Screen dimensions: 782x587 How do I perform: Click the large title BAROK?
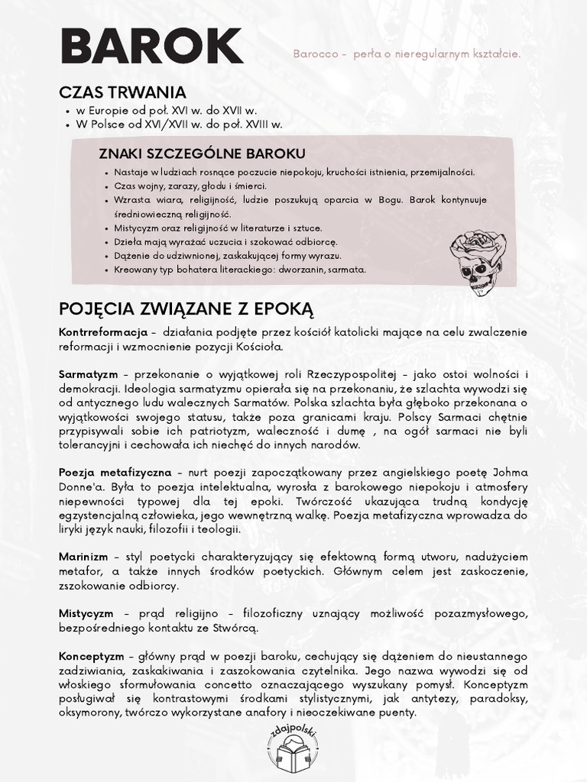(x=151, y=48)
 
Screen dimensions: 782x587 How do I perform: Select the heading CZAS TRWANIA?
(x=122, y=92)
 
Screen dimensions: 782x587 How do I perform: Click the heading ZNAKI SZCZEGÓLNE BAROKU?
(x=202, y=153)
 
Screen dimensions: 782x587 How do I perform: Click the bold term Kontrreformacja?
(x=102, y=333)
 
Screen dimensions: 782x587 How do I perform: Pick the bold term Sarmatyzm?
(x=88, y=374)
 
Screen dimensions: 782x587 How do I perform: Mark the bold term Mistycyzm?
(x=86, y=614)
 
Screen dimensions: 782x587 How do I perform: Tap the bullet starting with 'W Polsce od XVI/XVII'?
(x=179, y=124)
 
